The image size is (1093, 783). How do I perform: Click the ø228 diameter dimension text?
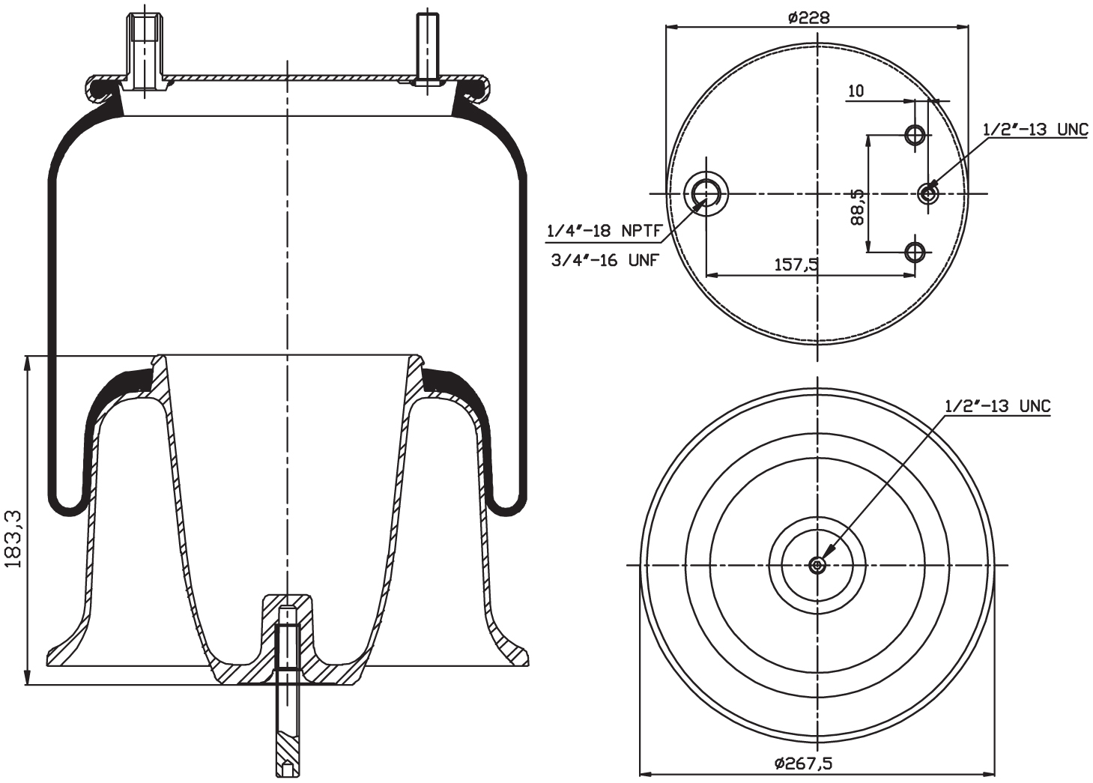click(808, 16)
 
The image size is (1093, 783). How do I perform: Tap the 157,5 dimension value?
click(796, 264)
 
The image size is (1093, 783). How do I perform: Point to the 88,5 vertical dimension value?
click(858, 207)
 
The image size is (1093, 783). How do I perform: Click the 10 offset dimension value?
click(856, 91)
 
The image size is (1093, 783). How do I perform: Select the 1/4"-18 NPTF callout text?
click(604, 232)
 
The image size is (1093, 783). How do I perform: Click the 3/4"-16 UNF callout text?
click(604, 261)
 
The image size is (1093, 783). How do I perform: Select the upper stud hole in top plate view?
click(915, 135)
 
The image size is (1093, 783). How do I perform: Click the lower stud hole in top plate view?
click(915, 252)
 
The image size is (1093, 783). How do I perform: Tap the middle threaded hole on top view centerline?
click(928, 193)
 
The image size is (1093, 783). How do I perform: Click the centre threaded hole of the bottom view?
click(817, 565)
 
